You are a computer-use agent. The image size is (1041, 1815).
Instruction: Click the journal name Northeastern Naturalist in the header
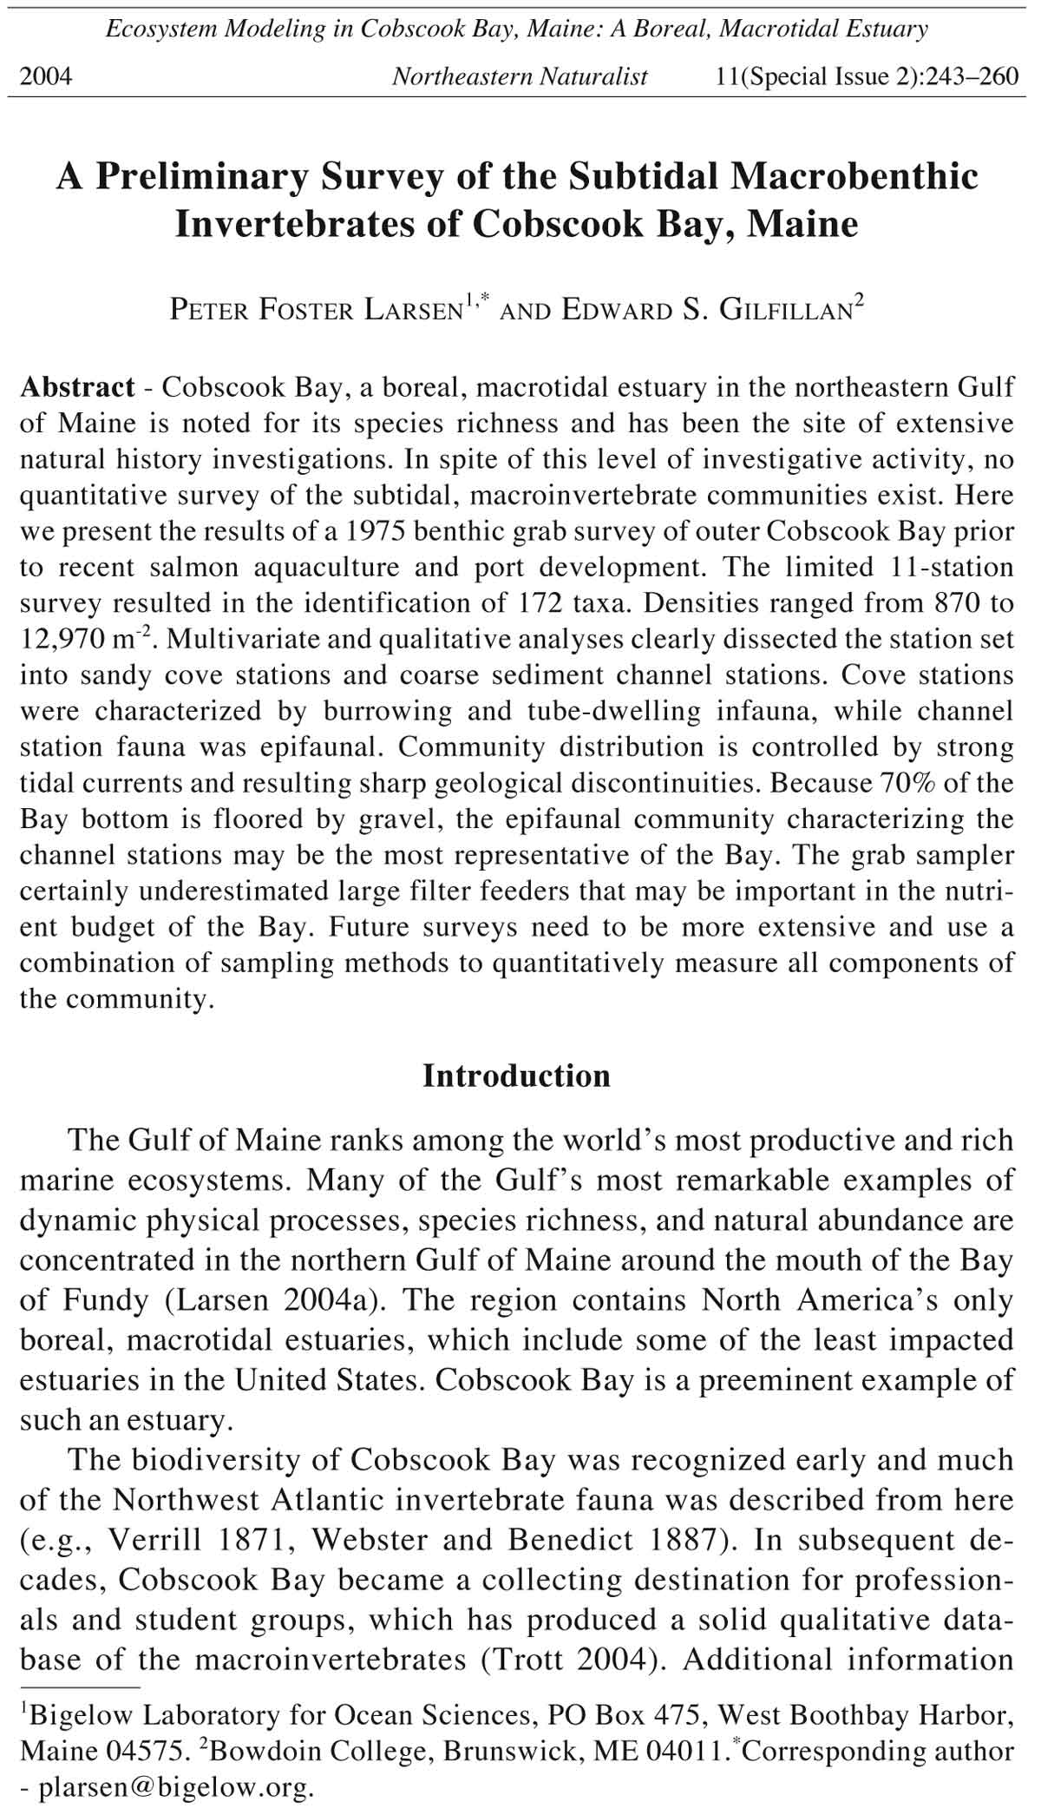(x=520, y=77)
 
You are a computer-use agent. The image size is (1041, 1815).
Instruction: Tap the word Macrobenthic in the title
(x=854, y=177)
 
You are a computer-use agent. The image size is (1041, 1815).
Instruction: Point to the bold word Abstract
(x=77, y=387)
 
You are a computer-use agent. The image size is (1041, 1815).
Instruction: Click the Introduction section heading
(x=516, y=1076)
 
